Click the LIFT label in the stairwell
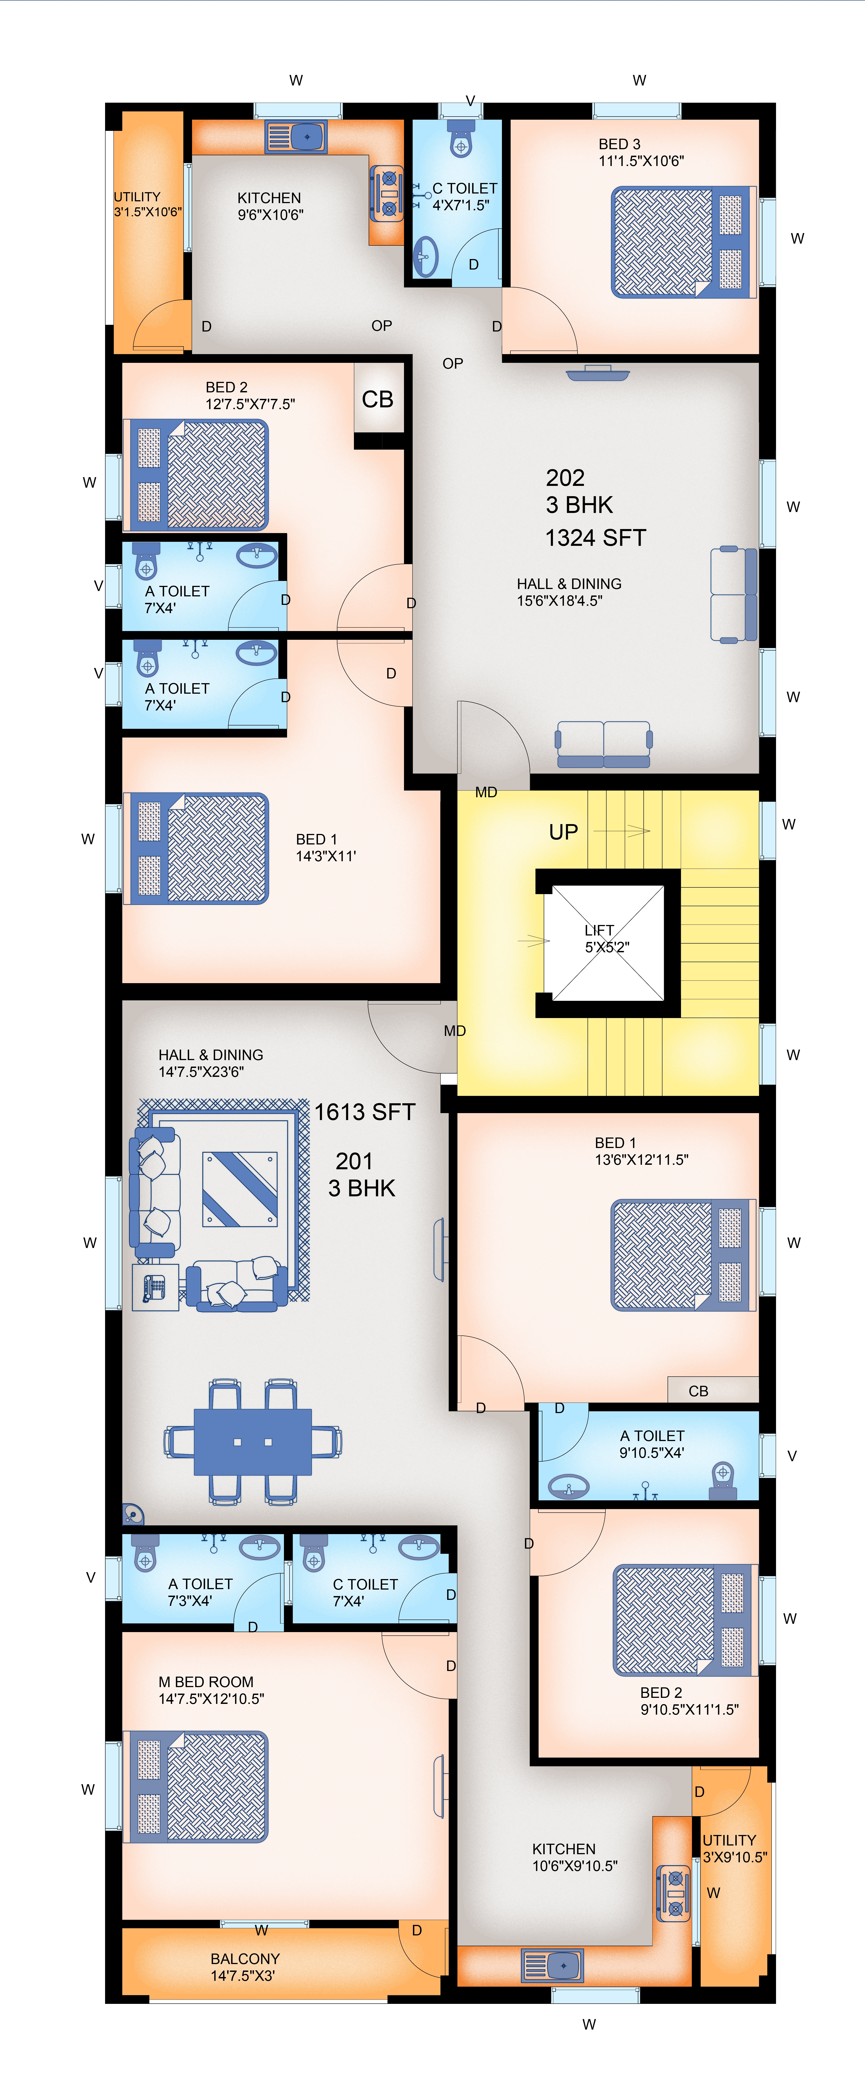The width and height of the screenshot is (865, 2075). click(x=599, y=930)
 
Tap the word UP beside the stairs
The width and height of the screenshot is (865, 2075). click(x=564, y=832)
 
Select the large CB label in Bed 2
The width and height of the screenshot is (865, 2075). click(x=378, y=400)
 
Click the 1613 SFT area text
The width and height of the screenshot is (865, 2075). click(x=365, y=1112)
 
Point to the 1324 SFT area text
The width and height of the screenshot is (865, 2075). click(x=596, y=538)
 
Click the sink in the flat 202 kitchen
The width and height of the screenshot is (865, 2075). click(x=296, y=137)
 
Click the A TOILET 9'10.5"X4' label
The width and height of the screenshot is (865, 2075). click(x=651, y=1444)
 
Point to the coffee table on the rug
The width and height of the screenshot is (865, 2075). click(x=240, y=1189)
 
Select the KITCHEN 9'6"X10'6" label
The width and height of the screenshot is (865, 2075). click(x=270, y=206)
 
